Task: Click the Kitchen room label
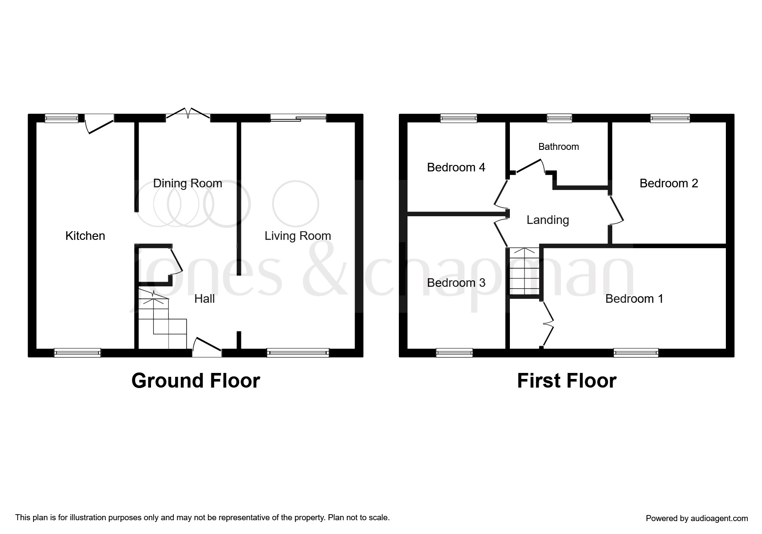85,236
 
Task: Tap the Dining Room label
188,183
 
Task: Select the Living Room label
298,236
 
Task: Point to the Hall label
204,299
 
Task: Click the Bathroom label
558,147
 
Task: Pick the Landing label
548,220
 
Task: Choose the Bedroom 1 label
634,299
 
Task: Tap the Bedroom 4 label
456,168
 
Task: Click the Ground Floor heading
196,381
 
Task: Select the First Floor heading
567,381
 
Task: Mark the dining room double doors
188,113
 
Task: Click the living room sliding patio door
298,118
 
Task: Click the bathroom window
559,118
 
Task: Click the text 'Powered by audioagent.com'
697,518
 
